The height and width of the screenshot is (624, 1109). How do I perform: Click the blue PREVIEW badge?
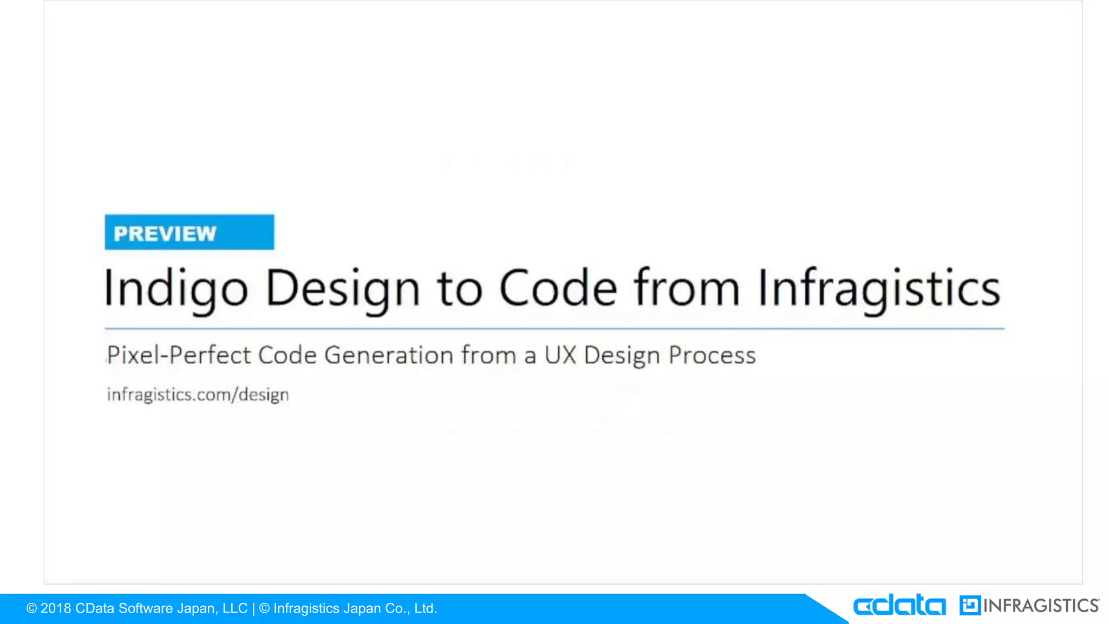(189, 232)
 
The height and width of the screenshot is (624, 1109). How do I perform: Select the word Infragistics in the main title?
(878, 289)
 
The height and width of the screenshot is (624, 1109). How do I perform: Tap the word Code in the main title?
(557, 288)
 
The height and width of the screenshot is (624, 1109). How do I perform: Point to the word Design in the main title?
(343, 289)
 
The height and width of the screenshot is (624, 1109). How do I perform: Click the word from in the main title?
(687, 288)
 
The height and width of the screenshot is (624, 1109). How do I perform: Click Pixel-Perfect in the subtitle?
(179, 355)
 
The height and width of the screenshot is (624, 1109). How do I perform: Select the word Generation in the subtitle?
(389, 355)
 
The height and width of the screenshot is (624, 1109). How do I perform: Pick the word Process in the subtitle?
(712, 355)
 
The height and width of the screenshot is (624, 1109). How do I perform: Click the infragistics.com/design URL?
(198, 394)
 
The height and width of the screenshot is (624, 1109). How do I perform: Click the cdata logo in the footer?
(899, 605)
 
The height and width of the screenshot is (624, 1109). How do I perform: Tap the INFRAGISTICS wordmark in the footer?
(1041, 606)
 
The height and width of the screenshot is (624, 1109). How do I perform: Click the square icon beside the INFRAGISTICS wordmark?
(969, 605)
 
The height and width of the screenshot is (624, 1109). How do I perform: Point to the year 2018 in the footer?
(56, 608)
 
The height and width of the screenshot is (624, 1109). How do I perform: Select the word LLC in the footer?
(234, 608)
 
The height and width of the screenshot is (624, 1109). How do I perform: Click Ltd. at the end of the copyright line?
(426, 608)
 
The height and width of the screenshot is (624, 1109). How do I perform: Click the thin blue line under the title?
(554, 328)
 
